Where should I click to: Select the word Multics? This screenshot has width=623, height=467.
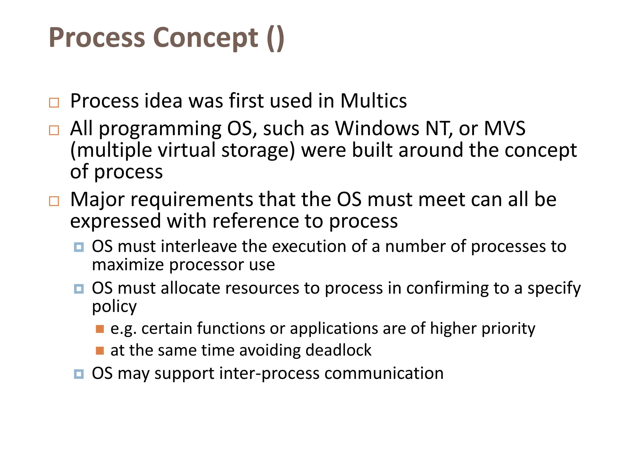pos(373,101)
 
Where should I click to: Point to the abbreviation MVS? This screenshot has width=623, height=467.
pos(504,128)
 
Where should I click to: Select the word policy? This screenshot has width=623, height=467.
pos(114,307)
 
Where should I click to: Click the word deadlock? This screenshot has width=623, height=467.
pos(338,350)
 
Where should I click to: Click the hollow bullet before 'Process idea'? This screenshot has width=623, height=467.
pos(54,103)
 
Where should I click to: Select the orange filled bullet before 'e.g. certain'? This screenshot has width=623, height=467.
pos(100,329)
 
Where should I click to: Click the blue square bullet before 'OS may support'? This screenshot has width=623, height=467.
pos(79,374)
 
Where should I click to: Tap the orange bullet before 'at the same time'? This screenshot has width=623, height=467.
pos(100,351)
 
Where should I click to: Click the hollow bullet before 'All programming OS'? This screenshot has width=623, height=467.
pos(54,130)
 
